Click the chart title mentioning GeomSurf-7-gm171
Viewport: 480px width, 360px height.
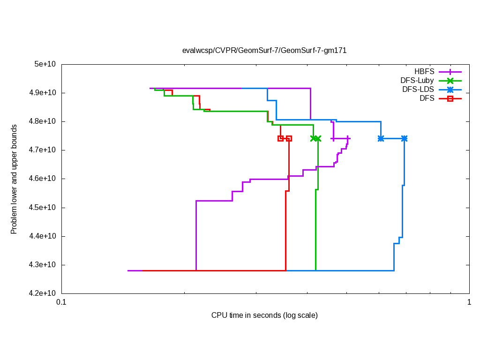pos(264,50)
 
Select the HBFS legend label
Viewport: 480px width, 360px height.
pos(424,72)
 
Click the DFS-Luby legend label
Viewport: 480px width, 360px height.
pos(417,81)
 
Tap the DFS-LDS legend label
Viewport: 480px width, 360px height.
pos(418,90)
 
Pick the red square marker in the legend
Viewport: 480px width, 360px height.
pos(450,98)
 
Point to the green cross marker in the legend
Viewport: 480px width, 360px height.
pos(450,81)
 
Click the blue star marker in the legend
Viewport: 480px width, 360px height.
pos(450,90)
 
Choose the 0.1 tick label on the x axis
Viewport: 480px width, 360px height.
pos(61,302)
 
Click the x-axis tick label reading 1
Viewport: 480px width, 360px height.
pos(469,302)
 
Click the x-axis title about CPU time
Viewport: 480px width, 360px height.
pos(264,315)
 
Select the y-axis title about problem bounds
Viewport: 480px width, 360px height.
pos(14,179)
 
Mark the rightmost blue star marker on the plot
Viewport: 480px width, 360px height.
pos(404,138)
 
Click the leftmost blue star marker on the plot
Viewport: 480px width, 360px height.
pos(381,138)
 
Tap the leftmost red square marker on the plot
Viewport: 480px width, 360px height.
pos(280,138)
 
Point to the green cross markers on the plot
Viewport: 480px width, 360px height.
pos(315,138)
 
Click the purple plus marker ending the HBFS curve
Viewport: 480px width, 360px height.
pos(347,138)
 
